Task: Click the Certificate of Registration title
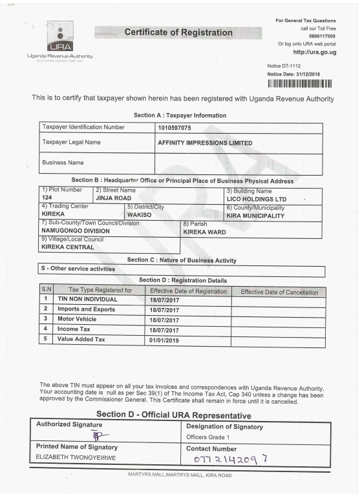(178, 32)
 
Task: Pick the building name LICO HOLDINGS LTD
(256, 199)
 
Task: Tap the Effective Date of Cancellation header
(279, 293)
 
